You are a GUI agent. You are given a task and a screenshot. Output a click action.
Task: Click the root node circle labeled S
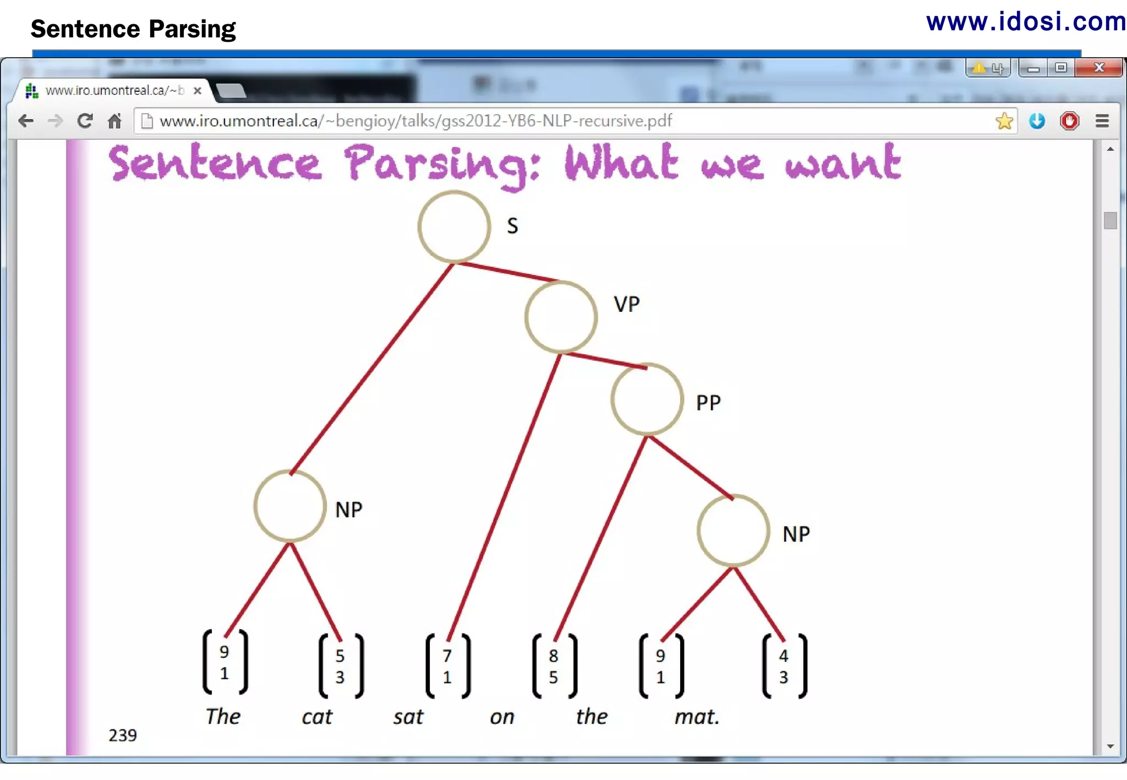[x=454, y=226]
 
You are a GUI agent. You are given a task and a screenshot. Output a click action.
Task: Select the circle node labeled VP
[x=561, y=317]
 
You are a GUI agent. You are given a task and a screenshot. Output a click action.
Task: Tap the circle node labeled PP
[x=647, y=399]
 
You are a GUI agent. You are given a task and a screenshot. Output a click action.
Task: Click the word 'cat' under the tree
[x=317, y=717]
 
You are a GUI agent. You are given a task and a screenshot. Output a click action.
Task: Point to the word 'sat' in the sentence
[x=408, y=717]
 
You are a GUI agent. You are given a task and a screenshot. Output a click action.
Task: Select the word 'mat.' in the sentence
[x=697, y=717]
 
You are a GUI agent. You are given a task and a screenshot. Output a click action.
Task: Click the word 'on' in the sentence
[x=502, y=717]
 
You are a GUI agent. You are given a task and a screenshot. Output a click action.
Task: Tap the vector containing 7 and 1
[x=448, y=666]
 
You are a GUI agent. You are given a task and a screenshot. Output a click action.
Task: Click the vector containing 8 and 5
[x=554, y=666]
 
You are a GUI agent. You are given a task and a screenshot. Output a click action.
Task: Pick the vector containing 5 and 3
[x=341, y=666]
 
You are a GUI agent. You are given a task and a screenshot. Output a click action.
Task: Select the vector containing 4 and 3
[x=784, y=666]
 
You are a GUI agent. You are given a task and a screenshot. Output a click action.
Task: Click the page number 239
[x=122, y=735]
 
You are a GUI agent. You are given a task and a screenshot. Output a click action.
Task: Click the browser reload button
[x=85, y=121]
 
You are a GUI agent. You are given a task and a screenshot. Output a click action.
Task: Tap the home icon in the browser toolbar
[x=114, y=121]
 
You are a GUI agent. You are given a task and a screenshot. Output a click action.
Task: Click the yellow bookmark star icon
[x=1004, y=121]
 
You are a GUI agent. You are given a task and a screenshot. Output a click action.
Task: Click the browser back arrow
[x=26, y=121]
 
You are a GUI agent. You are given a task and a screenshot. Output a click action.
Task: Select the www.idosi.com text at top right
[x=1026, y=22]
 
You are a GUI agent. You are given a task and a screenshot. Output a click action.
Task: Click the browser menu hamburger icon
[x=1102, y=121]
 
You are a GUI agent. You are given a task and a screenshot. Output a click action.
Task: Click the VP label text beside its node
[x=627, y=304]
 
